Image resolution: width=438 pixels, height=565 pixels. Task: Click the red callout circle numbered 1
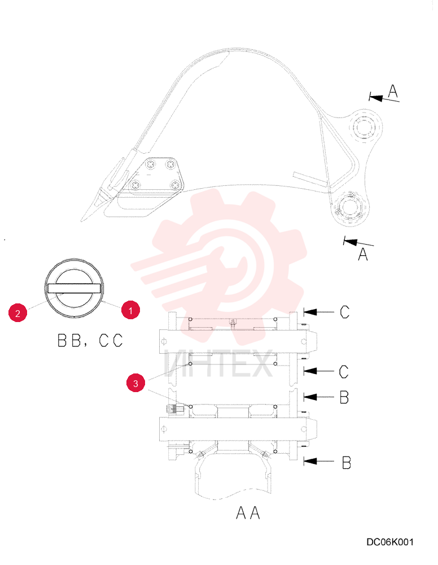pos(130,310)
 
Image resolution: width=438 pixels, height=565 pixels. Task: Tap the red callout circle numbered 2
pos(17,313)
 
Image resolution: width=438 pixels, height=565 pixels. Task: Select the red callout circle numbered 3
pos(135,383)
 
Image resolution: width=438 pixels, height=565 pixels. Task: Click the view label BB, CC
pos(90,341)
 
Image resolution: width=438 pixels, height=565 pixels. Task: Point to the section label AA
pos(248,512)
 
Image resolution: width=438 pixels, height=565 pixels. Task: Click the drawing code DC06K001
pos(390,542)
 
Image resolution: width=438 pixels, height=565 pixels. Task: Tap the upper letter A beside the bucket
pos(393,91)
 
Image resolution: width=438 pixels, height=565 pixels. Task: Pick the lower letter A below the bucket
pos(363,254)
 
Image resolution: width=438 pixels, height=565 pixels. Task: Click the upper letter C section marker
pos(344,312)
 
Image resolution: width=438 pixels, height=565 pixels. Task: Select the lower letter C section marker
pos(344,372)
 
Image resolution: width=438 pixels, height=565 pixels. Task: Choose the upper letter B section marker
pos(344,397)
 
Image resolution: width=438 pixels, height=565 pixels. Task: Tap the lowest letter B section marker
pos(346,462)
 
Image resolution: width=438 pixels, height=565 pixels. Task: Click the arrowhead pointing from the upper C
pos(310,312)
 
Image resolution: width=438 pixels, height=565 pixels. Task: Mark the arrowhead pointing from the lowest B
pos(310,461)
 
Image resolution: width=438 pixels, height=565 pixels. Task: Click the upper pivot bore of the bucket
pos(365,127)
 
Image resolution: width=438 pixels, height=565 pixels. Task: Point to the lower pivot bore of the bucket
pos(349,207)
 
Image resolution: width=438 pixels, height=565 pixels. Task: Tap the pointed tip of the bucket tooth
pos(81,221)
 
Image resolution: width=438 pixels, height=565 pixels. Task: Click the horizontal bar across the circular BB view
pos(74,288)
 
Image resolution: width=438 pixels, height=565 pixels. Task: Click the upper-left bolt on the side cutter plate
pos(150,164)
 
